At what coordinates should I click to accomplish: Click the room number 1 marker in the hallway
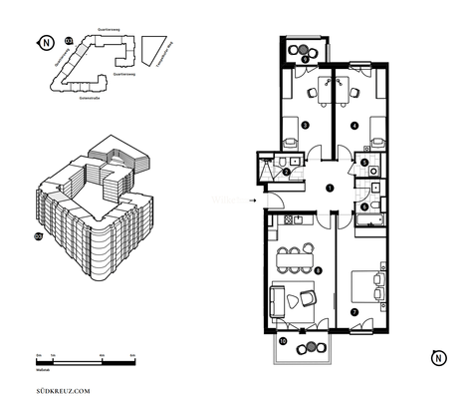(330, 189)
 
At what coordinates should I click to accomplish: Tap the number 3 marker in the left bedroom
(304, 125)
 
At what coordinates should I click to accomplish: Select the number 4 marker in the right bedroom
(355, 125)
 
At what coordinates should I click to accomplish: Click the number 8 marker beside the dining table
(317, 269)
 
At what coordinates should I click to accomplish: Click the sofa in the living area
(282, 296)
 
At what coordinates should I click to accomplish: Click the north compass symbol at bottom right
(435, 356)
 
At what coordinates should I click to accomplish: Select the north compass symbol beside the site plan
(45, 44)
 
